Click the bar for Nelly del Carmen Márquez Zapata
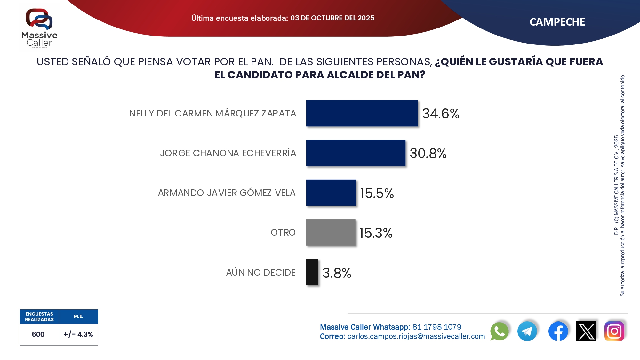(362, 113)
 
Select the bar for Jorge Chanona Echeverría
(356, 153)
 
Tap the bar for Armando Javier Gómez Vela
(331, 193)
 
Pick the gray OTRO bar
(331, 232)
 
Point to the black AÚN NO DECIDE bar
(312, 272)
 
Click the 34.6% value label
(441, 114)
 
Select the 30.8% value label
(428, 153)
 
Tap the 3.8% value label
(337, 273)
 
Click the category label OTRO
(283, 232)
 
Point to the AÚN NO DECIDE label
(261, 272)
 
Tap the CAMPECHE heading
(557, 22)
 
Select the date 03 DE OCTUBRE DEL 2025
(332, 18)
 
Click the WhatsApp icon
(499, 331)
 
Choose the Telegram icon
(527, 331)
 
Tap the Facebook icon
(558, 331)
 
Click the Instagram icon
(614, 331)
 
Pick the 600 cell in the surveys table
(38, 334)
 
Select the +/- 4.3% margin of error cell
(78, 334)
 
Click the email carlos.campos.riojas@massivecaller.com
(416, 336)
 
